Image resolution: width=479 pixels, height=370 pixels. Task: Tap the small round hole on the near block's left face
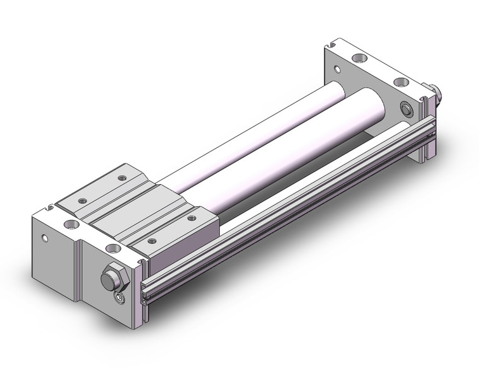[x=43, y=239]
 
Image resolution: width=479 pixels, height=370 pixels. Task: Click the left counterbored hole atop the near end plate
[x=66, y=223]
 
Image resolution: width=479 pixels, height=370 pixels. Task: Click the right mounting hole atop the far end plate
[x=399, y=82]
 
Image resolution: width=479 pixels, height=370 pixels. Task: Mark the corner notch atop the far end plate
[x=332, y=46]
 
